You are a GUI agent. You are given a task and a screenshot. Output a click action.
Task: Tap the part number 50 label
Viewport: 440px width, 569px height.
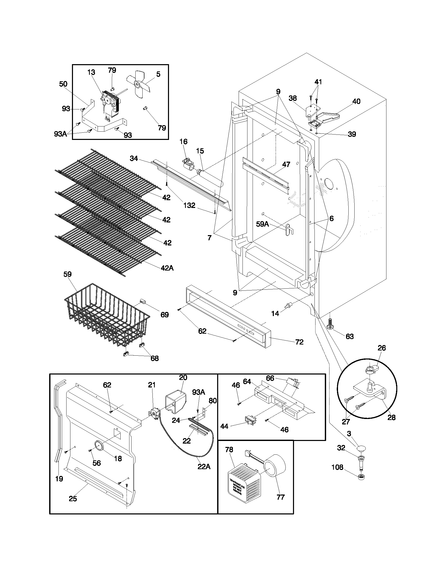click(63, 84)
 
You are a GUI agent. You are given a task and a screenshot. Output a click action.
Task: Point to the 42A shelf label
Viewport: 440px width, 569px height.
click(167, 268)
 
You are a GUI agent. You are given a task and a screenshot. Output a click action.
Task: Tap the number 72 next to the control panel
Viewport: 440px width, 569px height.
click(299, 342)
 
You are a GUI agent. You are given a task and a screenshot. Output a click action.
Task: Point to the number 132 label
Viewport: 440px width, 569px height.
click(189, 205)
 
